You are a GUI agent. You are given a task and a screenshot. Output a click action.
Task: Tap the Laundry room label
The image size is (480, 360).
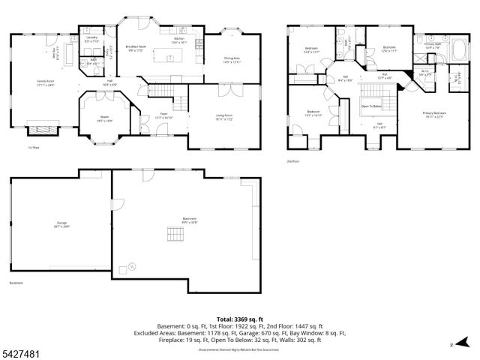coord(92,38)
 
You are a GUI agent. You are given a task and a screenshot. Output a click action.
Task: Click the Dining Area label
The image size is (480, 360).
coord(232,60)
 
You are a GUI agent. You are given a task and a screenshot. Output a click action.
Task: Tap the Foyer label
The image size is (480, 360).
coord(163,117)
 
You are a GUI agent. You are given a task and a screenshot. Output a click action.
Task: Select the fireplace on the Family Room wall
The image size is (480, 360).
coord(42,130)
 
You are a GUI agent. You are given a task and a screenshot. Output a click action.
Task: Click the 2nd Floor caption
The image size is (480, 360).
coord(292,160)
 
